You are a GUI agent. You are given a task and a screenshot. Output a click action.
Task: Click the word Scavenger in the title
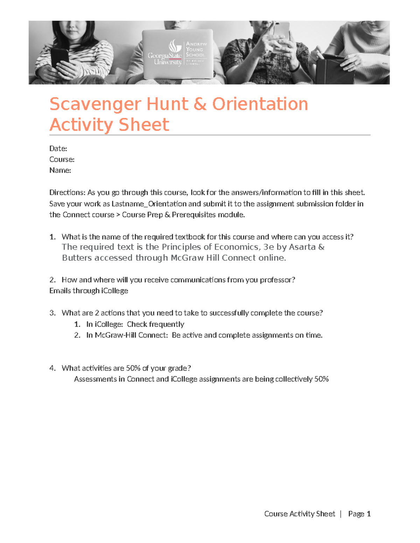coord(95,104)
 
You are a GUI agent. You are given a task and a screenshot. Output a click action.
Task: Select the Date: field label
coord(58,149)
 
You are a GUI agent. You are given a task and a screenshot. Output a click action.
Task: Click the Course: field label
coord(62,159)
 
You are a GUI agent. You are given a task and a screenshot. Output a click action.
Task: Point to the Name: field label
coord(60,170)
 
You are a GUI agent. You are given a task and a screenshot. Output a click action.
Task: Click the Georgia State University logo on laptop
coord(177,53)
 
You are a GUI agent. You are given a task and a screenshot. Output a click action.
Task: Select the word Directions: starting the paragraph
coord(67,193)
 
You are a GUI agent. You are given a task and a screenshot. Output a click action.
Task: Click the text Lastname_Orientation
coord(149,204)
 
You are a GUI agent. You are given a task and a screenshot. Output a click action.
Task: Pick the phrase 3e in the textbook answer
coord(268,247)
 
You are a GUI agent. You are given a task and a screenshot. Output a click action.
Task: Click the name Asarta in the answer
coord(302,247)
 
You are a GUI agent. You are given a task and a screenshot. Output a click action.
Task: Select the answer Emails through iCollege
coord(89,291)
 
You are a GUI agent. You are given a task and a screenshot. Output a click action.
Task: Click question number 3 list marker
coord(52,313)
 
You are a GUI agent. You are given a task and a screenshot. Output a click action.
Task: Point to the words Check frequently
coord(155,324)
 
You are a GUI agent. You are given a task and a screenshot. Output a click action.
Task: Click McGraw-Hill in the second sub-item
coord(113,335)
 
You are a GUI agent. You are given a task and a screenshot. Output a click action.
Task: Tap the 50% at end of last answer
coord(321,379)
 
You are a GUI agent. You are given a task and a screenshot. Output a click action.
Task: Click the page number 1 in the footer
coord(368,514)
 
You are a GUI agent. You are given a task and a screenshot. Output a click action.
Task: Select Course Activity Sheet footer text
coord(299,514)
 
